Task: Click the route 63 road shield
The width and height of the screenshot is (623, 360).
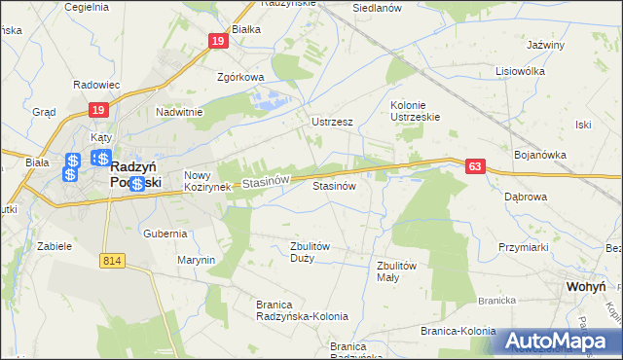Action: pos(474,167)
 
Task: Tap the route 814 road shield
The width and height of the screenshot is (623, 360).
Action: pos(112,260)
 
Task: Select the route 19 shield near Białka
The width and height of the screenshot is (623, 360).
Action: pos(217,40)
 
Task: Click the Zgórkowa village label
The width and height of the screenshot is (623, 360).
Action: pos(240,78)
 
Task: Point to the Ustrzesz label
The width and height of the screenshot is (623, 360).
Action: pos(331,123)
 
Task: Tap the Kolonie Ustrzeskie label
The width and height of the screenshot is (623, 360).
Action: pos(416,111)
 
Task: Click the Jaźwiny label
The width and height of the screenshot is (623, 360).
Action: pos(545,45)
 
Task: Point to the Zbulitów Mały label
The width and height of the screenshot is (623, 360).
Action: pos(396,271)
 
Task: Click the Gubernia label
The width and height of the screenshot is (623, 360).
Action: pos(165,234)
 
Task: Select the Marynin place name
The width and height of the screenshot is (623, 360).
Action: pos(196,260)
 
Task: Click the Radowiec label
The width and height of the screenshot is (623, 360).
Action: pos(95,85)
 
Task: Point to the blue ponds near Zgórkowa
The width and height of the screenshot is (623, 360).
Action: pos(271,98)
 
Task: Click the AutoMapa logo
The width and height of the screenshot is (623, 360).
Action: pos(560,340)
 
